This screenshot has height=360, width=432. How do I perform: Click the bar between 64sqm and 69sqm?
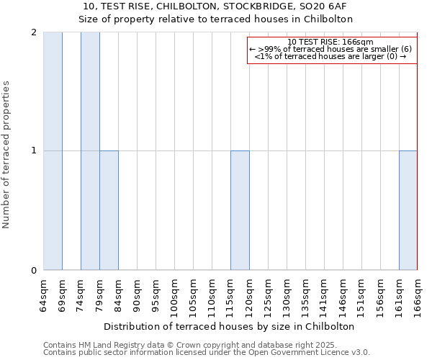tap(53, 151)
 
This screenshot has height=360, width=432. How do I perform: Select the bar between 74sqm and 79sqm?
tap(90, 151)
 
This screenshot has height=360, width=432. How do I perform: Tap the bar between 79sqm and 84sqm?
tap(109, 210)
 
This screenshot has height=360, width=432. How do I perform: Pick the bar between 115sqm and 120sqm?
tap(240, 210)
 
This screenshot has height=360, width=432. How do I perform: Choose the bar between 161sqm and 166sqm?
tap(408, 210)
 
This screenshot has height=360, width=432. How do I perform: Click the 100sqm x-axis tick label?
tap(175, 296)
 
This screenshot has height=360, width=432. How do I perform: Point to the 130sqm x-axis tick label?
tap(287, 296)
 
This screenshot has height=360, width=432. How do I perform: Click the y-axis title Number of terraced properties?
tap(7, 155)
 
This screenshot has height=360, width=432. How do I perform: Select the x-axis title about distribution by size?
tap(230, 326)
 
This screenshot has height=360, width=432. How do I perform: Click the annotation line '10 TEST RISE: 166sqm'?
tap(330, 42)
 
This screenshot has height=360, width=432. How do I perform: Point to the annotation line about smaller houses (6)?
tap(330, 49)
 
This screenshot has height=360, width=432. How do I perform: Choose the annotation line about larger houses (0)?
tap(330, 56)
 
